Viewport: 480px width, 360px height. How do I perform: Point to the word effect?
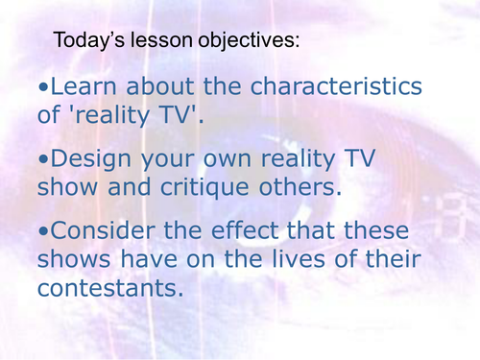[259, 233]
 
